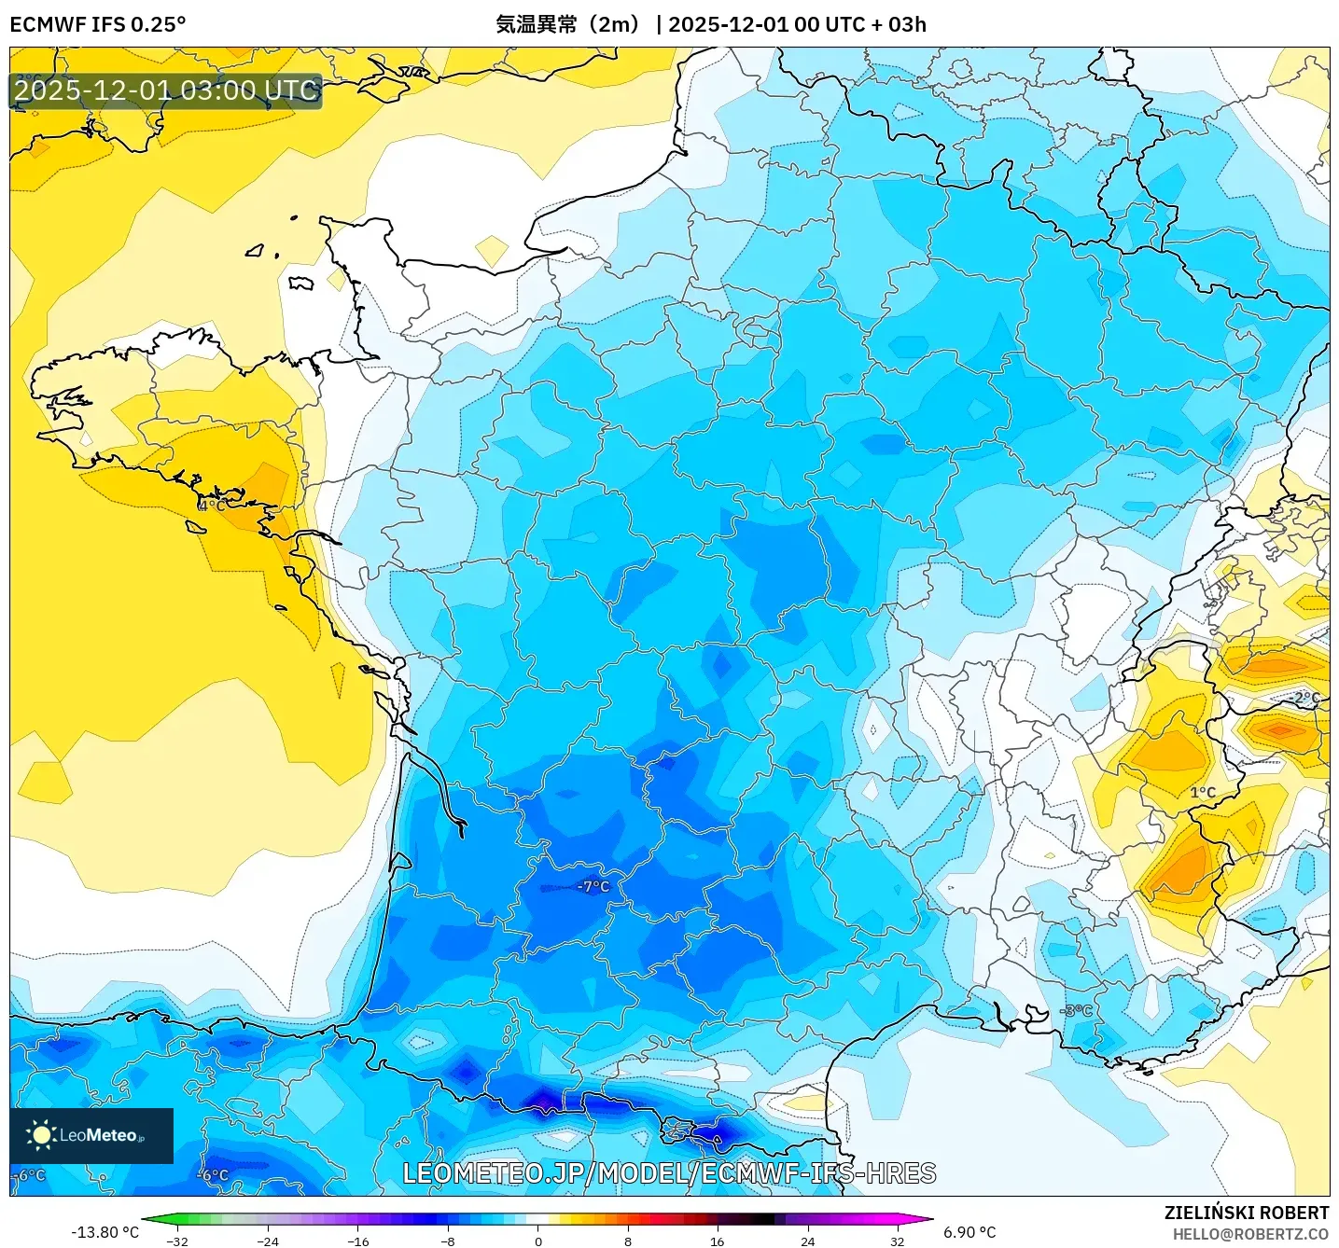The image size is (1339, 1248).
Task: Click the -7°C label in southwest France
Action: tap(593, 886)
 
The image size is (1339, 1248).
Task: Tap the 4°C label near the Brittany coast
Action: tap(213, 506)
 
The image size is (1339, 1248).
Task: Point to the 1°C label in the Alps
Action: tap(1203, 793)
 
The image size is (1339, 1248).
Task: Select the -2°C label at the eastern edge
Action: tap(1305, 698)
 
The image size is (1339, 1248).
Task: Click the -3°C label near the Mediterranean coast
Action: tap(1077, 1011)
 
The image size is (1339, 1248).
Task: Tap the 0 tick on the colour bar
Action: tap(538, 1241)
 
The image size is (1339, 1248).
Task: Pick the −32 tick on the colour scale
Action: tap(177, 1241)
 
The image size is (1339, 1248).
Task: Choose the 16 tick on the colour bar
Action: tap(717, 1241)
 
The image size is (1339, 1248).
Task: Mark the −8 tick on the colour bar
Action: tap(448, 1241)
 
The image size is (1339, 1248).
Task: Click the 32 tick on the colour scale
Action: tap(897, 1241)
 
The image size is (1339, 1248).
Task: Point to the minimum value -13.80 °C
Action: tap(105, 1232)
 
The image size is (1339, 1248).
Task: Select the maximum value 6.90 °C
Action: tap(969, 1232)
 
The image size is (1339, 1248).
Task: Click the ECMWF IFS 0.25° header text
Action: tap(98, 24)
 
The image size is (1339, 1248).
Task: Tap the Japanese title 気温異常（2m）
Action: tap(568, 24)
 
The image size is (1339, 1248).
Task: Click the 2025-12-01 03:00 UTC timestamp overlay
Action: tap(166, 90)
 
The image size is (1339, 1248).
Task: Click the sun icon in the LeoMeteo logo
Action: tap(41, 1134)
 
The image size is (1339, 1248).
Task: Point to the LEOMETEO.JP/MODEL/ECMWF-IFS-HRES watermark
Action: tap(669, 1173)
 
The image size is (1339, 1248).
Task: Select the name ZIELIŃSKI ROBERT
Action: tap(1246, 1213)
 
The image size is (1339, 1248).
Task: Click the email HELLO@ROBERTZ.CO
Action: tap(1250, 1234)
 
